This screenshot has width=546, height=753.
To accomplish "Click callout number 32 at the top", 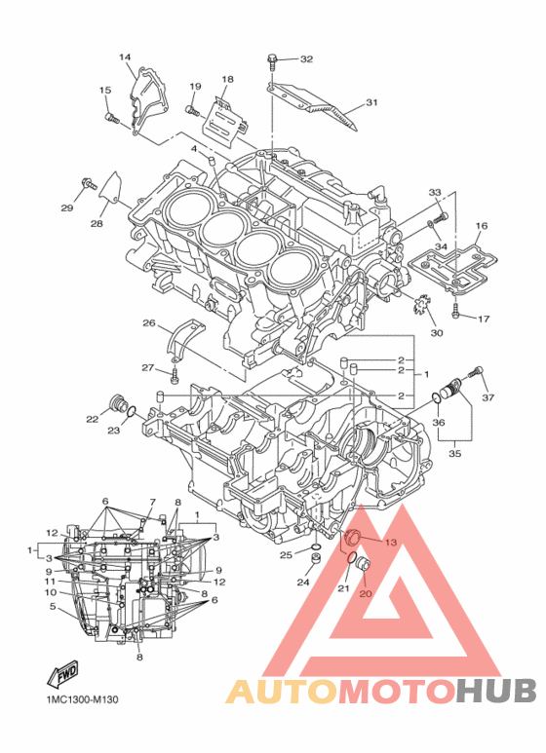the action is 306,59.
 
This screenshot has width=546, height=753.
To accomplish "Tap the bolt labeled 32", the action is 272,61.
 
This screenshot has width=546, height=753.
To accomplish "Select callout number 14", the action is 125,57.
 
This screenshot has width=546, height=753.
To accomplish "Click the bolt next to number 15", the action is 111,118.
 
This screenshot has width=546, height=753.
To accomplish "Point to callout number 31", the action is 372,102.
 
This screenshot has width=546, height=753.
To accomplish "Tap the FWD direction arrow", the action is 62,673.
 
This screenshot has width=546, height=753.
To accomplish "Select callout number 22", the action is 93,419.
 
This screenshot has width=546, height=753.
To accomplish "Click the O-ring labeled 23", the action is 132,411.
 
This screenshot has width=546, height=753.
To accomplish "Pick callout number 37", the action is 488,397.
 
